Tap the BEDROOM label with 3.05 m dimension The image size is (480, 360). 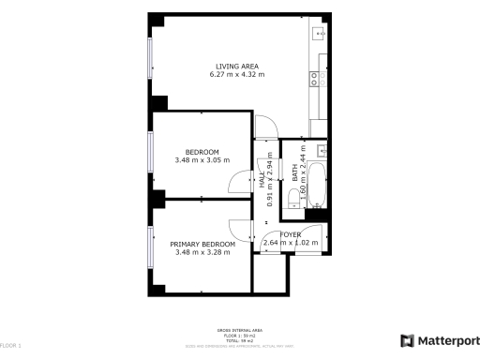coord(202,152)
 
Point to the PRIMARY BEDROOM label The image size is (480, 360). coord(201,244)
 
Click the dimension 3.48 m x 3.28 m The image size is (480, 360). coord(201,251)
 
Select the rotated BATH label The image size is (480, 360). coord(294,172)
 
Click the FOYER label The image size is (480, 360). coord(291,234)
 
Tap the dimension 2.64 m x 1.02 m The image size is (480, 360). coord(291,243)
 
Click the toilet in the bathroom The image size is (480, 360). coord(294,195)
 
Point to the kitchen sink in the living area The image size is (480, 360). coord(319,37)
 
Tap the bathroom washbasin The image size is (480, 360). coord(322,149)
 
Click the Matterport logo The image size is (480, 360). coord(440,340)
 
